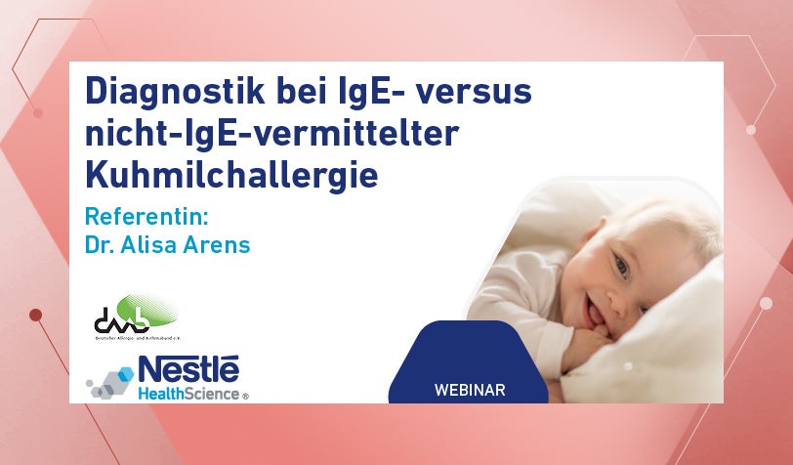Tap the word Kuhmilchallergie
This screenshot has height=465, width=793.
point(230,176)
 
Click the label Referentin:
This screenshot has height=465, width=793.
point(147,216)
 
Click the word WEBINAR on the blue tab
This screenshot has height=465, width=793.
point(469,390)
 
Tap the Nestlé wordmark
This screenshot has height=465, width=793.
point(188,368)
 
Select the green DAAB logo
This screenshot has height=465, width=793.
point(136,315)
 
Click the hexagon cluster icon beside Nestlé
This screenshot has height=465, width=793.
point(109,382)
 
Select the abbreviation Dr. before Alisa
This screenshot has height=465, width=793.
point(98,244)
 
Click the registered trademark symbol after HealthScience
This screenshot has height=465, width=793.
point(245,397)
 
